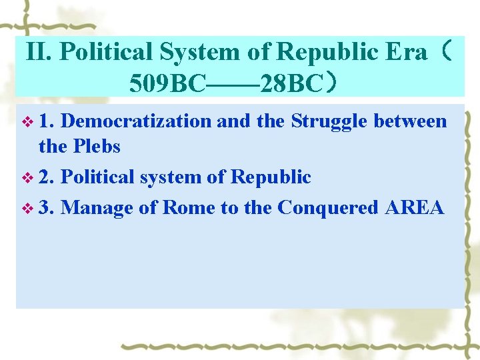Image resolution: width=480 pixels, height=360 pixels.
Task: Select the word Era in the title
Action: [408, 52]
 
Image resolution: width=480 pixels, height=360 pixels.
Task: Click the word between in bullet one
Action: [410, 121]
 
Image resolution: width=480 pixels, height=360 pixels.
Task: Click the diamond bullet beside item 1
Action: [27, 121]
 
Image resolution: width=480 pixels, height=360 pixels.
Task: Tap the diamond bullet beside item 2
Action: [27, 177]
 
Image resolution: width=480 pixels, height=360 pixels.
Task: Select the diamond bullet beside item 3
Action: [27, 208]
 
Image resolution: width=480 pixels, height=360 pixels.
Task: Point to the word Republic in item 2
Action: [270, 177]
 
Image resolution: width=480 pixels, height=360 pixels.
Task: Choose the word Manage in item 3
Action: [97, 209]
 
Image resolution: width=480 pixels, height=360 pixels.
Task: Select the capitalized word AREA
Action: [414, 207]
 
